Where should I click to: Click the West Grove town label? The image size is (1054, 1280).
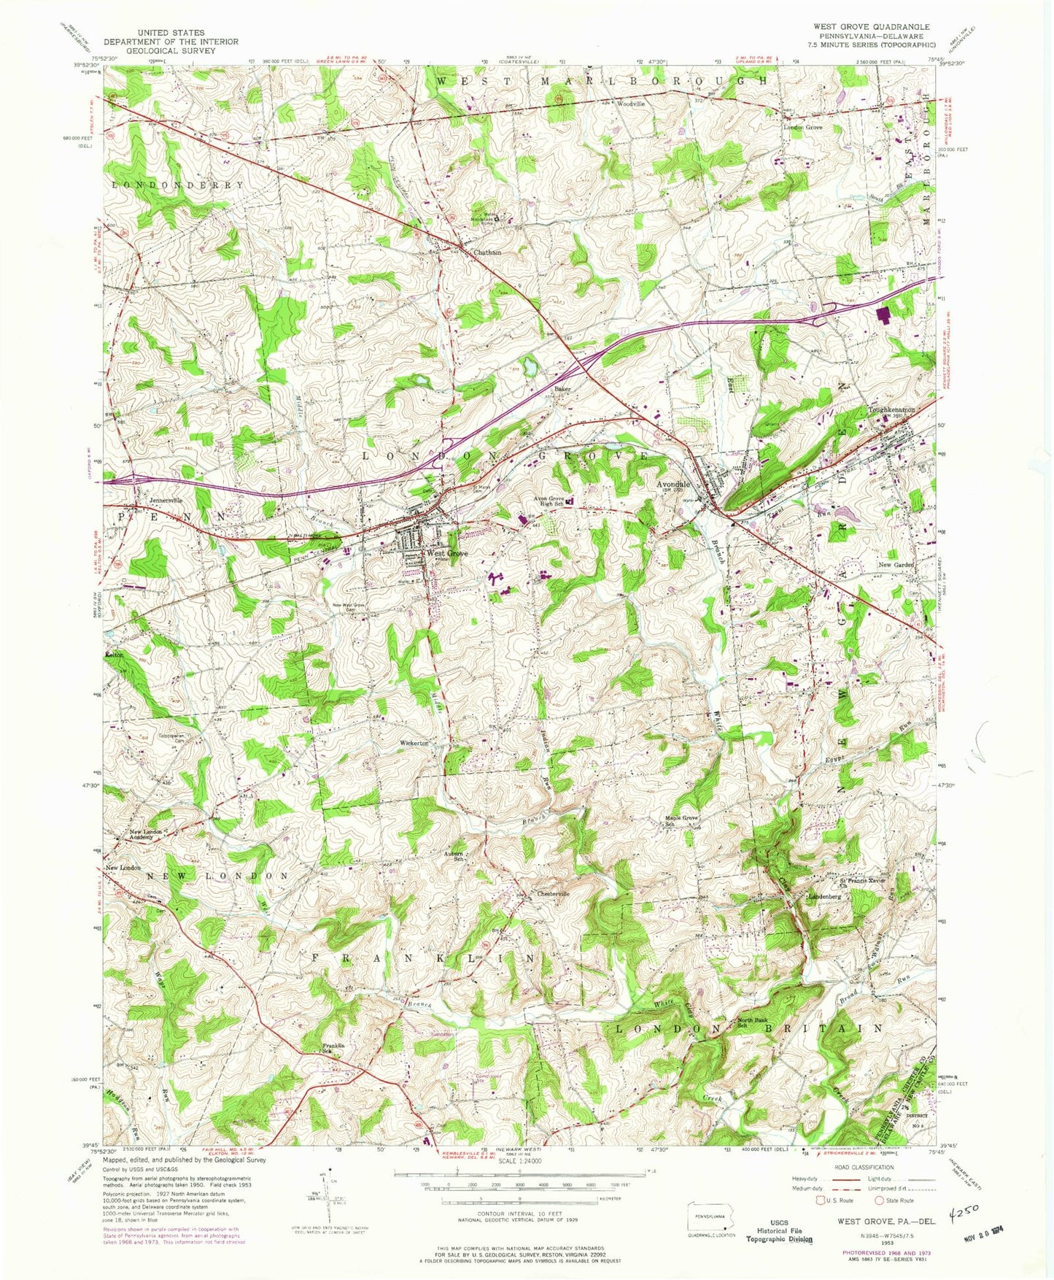click(446, 554)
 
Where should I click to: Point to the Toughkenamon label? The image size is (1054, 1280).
click(891, 410)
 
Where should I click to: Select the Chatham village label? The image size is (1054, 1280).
click(487, 252)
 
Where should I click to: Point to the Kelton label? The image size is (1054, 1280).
click(115, 656)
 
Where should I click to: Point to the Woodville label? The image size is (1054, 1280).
click(631, 104)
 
